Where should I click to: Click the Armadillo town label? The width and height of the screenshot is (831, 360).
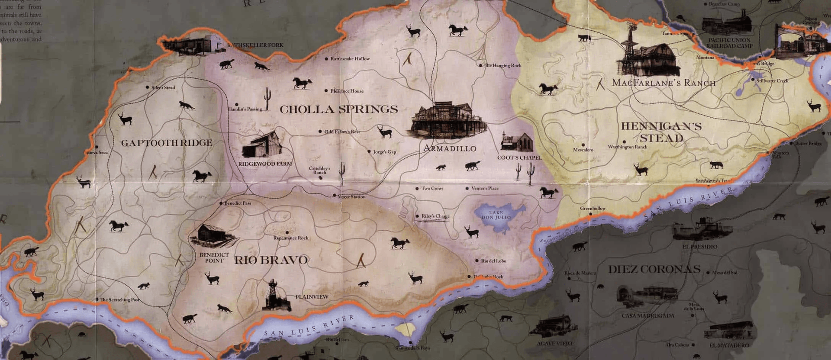[450, 148]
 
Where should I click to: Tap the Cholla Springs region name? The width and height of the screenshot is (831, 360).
[338, 109]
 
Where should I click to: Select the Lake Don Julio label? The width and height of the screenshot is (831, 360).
[496, 215]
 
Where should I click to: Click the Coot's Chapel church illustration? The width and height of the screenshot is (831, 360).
[517, 142]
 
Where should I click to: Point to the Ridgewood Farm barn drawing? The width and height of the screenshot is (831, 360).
[262, 145]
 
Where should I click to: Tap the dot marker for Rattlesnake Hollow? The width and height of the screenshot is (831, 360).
[326, 59]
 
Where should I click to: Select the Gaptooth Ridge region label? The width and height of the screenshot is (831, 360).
[167, 143]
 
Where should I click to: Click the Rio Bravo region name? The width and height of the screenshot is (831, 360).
[271, 260]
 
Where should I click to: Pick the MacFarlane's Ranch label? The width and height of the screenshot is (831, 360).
[663, 83]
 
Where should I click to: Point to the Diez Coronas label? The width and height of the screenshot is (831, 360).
[654, 269]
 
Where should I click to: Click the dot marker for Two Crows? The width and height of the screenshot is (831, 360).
[417, 189]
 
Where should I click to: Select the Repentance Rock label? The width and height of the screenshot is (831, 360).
[291, 238]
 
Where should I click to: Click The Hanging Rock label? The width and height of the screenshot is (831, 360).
[502, 66]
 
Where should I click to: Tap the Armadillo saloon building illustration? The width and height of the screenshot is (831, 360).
[448, 120]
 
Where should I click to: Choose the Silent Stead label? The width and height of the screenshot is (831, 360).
[163, 87]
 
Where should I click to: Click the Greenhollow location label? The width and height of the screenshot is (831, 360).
[593, 209]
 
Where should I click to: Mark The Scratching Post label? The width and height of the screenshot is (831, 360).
[120, 299]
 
